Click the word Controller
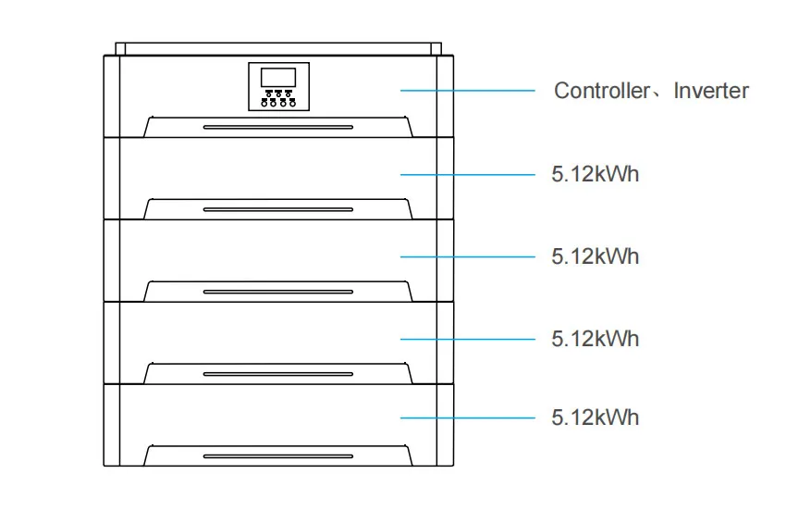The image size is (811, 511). click(x=602, y=91)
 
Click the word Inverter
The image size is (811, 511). click(x=710, y=91)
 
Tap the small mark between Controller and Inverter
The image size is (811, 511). click(x=657, y=95)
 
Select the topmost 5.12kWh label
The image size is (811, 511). click(x=596, y=174)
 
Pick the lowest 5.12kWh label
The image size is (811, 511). click(x=596, y=418)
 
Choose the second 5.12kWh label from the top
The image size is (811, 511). click(x=596, y=256)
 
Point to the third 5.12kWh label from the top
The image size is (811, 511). click(x=596, y=339)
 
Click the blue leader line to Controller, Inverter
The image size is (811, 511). click(x=468, y=91)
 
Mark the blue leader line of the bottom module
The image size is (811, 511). click(x=468, y=418)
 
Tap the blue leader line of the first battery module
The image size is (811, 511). click(x=468, y=174)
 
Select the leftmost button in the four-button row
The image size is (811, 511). click(x=264, y=104)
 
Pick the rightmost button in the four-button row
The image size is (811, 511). click(x=293, y=104)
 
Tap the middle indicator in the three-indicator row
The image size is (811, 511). click(x=278, y=93)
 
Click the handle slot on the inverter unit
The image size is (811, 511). click(x=278, y=127)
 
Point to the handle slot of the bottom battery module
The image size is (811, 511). click(x=278, y=456)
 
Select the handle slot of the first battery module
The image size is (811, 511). click(x=278, y=210)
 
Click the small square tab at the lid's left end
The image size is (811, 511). click(x=120, y=49)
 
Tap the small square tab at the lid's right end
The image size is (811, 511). click(x=436, y=49)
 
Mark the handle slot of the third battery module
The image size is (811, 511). click(x=278, y=374)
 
